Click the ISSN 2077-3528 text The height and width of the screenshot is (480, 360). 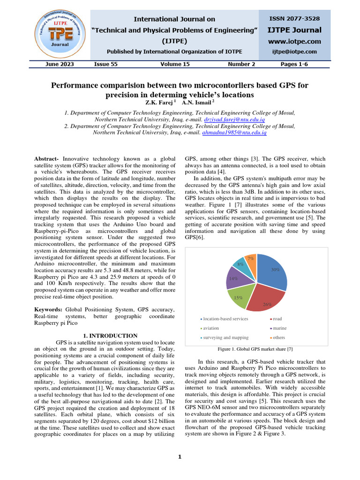point(293,19)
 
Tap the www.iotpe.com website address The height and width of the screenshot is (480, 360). point(294,42)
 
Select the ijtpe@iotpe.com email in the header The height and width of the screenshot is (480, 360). point(294,52)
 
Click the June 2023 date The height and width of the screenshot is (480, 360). point(60,64)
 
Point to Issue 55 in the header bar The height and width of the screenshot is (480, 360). point(106,64)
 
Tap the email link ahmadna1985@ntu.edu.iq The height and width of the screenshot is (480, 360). point(234,133)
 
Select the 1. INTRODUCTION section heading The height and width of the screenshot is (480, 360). point(110,336)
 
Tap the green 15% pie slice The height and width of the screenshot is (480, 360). point(239,298)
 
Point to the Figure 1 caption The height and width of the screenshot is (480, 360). point(256,349)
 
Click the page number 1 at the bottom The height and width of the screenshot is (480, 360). point(180,457)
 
